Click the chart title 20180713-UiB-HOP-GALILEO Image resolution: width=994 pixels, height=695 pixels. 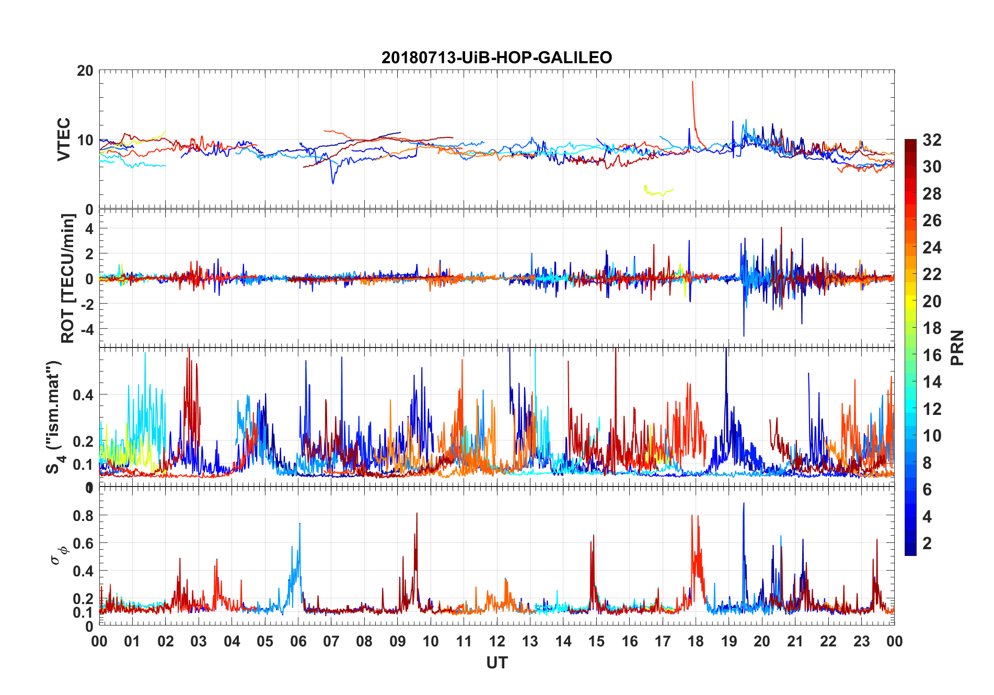pos(496,57)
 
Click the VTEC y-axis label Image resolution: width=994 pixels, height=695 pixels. pos(64,140)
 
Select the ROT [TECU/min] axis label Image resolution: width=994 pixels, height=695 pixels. pos(67,278)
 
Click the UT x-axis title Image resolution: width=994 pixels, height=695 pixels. pos(496,663)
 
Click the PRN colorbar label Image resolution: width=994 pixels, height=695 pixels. pos(957,348)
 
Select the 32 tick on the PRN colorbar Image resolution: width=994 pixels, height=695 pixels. pos(932,140)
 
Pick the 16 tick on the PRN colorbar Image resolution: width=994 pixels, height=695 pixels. pos(932,355)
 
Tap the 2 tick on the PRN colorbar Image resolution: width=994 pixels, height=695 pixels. pos(927,543)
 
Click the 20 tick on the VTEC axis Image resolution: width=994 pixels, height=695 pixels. pos(85,71)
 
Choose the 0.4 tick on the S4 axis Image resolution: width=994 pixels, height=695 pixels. pos(83,395)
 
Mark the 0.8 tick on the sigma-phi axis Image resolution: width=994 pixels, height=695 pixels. pos(83,516)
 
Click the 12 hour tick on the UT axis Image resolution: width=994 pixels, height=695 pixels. pos(496,641)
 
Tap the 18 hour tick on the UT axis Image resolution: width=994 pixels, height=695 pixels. pos(696,641)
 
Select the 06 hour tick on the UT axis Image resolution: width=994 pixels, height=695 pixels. pos(298,641)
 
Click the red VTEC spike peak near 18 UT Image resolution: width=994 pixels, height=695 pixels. pos(692,82)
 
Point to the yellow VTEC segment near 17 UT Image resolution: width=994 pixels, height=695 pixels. pos(658,192)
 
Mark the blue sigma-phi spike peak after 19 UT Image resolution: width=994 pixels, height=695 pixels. pos(744,504)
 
